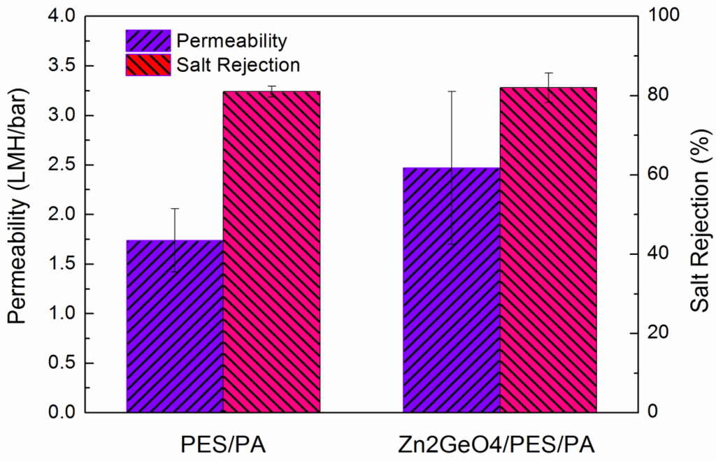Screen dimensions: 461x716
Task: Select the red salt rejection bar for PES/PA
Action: click(x=271, y=251)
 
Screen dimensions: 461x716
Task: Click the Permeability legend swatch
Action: click(x=148, y=41)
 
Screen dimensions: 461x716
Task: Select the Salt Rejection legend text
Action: click(x=238, y=65)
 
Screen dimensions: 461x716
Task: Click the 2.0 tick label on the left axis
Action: click(x=64, y=214)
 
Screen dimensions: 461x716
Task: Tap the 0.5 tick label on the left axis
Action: click(x=64, y=363)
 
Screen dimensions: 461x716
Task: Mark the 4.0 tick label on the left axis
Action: click(x=64, y=16)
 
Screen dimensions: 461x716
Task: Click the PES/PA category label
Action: click(x=223, y=444)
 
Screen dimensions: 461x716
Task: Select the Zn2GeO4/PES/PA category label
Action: click(x=500, y=444)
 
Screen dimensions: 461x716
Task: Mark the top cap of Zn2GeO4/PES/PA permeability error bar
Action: click(x=452, y=91)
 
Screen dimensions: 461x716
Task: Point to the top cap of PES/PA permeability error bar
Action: click(x=175, y=208)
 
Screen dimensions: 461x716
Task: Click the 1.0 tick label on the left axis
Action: click(x=64, y=314)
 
